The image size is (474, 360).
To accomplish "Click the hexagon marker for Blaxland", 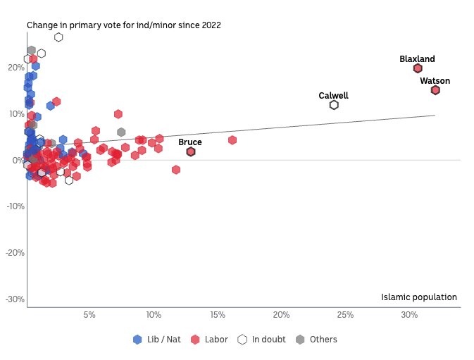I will click(x=418, y=68).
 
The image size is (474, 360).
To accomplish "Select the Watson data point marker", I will click(x=435, y=90).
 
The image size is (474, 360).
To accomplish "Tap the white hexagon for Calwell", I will click(x=334, y=105).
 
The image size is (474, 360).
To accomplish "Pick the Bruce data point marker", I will click(x=191, y=151).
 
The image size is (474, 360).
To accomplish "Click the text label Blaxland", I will click(x=417, y=59).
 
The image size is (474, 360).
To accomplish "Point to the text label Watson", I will click(x=435, y=81).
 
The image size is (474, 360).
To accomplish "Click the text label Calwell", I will click(x=333, y=95).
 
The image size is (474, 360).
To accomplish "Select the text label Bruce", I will click(x=190, y=142).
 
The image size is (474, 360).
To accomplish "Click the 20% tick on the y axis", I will click(x=15, y=68).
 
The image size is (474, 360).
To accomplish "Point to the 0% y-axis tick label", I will click(x=18, y=161).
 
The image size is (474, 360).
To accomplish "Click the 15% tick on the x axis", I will click(x=217, y=314).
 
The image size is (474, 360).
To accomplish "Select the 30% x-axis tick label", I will click(x=409, y=314).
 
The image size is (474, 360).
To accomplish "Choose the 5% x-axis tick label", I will click(x=89, y=314).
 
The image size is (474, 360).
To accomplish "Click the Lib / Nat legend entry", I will click(x=157, y=340).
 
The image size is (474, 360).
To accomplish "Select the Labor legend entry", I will click(x=209, y=340).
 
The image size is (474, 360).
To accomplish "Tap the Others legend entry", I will click(x=316, y=340).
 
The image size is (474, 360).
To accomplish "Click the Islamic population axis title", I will click(x=419, y=297).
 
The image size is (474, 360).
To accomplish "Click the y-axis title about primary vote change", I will click(x=124, y=25).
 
